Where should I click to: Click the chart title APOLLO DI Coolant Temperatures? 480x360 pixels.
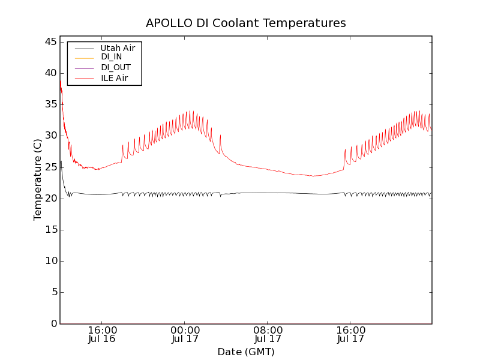point(246,23)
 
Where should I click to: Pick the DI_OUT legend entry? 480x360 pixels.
point(115,67)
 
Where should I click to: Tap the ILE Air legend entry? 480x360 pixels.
point(114,78)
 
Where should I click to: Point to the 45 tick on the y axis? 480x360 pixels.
point(50,42)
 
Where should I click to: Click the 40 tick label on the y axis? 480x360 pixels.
point(50,73)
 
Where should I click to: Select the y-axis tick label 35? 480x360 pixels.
point(50,104)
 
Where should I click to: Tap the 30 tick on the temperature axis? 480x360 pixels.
point(50,136)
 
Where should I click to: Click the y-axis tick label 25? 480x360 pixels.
point(50,167)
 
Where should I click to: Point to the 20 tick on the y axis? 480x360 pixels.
point(50,199)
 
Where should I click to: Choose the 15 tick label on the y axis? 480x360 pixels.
point(50,230)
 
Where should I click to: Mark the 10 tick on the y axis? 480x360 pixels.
point(50,261)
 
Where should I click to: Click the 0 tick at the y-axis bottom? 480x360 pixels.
point(53,323)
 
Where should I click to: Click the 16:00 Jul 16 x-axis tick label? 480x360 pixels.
point(102,334)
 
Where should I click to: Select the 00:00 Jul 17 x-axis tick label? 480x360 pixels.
point(185,334)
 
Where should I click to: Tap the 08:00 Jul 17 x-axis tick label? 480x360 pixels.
point(268,334)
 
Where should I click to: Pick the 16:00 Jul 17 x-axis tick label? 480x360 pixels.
point(351,334)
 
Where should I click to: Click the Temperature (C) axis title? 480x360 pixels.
point(38,179)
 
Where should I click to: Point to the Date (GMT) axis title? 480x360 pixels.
point(246,352)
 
